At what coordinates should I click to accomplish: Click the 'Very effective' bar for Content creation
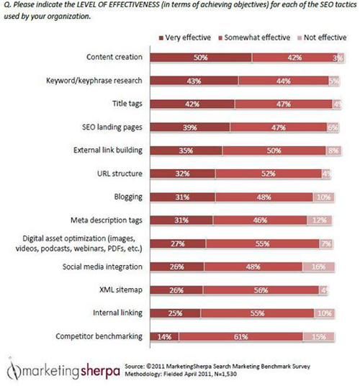(197, 57)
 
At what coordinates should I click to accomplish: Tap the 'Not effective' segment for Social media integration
(318, 266)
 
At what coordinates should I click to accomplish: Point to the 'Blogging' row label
(128, 196)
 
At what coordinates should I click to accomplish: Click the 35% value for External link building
(186, 150)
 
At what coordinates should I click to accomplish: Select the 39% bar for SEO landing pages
(189, 126)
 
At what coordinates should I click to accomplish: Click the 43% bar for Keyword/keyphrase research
(192, 80)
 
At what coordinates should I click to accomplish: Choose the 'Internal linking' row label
(119, 312)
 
